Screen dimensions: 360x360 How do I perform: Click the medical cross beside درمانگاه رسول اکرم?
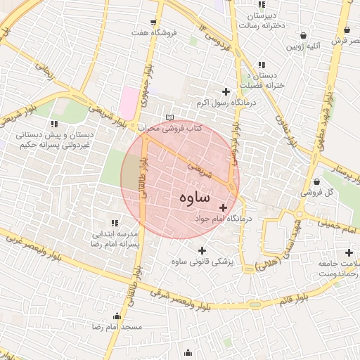[x=226, y=91]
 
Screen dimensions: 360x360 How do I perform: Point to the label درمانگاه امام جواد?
[x=224, y=219]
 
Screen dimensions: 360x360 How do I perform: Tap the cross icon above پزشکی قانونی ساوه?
[x=202, y=250]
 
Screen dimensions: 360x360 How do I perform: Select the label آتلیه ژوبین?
[x=302, y=46]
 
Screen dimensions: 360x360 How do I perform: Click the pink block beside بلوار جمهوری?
[x=128, y=103]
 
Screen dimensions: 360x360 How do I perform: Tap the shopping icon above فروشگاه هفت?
[x=155, y=20]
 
